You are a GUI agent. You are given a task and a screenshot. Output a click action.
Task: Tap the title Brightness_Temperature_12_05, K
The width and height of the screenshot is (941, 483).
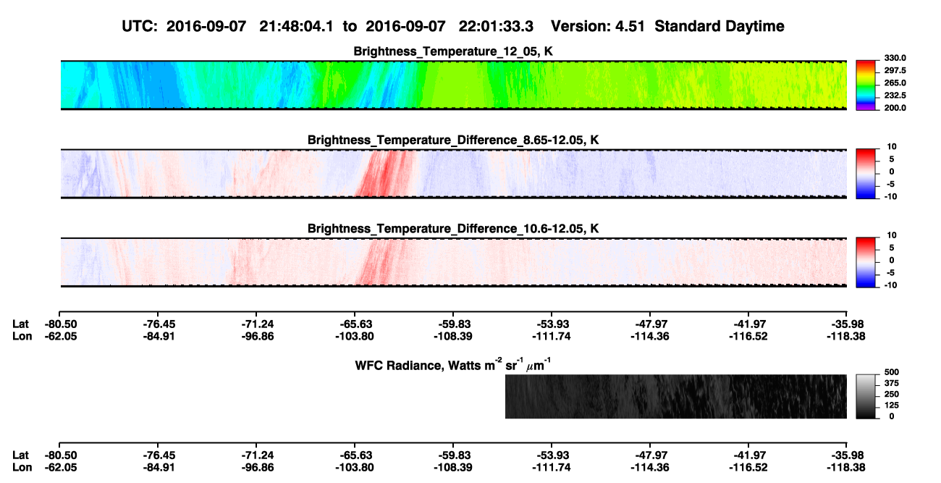(453, 51)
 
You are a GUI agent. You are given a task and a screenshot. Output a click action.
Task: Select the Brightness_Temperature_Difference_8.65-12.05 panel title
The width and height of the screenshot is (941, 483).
(453, 140)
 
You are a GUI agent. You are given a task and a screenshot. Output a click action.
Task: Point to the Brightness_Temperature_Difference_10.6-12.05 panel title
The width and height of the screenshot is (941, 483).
(453, 229)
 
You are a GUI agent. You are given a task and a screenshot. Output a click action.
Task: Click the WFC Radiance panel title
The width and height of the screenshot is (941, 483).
(453, 365)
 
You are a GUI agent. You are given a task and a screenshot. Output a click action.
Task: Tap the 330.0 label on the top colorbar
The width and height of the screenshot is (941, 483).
(895, 58)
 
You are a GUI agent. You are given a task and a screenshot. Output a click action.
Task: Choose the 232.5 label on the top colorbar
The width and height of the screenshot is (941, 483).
(895, 96)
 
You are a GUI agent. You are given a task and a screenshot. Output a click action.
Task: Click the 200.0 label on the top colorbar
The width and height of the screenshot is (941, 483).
(895, 108)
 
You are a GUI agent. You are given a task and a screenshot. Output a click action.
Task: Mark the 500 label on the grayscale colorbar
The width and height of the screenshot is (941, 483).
(892, 372)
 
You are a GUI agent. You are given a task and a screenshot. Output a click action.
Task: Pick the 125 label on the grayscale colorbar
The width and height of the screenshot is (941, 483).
(892, 406)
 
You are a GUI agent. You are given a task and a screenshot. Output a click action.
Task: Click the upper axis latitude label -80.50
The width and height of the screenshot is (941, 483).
(61, 324)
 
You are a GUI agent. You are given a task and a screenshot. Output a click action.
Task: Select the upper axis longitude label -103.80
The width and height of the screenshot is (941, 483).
(355, 336)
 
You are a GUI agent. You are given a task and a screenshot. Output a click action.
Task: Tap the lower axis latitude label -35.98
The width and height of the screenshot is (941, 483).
(846, 455)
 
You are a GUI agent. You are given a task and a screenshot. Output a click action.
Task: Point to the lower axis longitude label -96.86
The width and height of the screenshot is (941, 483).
(258, 468)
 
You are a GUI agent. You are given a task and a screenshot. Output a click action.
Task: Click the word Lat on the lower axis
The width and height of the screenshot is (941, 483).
(20, 455)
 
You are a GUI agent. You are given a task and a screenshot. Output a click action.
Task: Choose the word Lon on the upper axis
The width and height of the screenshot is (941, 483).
(22, 336)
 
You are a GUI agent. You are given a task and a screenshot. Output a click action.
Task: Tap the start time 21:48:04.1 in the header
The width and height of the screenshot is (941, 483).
(296, 26)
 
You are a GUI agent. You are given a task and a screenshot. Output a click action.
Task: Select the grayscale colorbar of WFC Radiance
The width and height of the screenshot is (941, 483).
(866, 396)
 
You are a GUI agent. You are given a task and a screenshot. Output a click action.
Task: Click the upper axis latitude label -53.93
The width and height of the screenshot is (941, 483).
(551, 324)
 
